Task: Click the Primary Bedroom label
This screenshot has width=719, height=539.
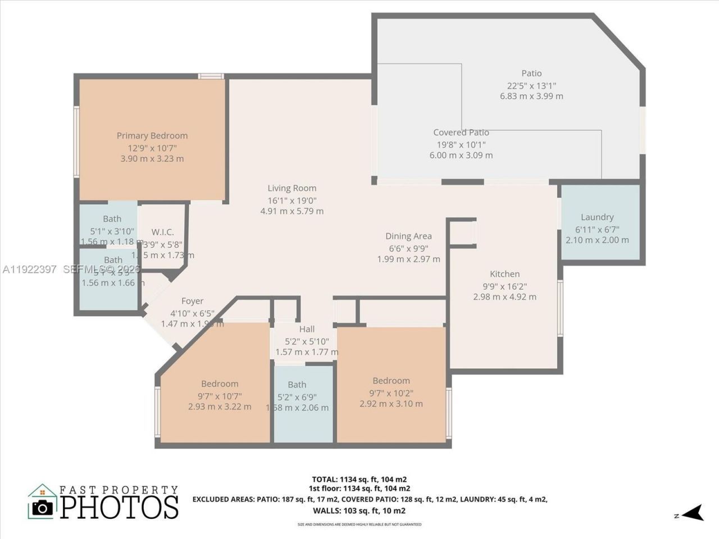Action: point(152,135)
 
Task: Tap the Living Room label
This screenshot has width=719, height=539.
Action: point(292,188)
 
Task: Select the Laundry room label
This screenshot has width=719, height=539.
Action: point(597,217)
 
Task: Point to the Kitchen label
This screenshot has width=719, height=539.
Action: point(504,274)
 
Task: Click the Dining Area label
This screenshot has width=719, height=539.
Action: point(408,236)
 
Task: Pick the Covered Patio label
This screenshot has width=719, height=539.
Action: point(461,133)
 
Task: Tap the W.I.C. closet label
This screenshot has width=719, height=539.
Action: point(162,232)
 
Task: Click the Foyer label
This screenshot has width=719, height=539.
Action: point(192,301)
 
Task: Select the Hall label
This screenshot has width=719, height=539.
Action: point(307,329)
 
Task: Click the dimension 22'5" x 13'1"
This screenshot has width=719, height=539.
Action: point(531,85)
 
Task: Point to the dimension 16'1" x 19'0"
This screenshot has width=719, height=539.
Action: point(292,200)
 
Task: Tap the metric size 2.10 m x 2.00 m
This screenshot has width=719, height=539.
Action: point(597,240)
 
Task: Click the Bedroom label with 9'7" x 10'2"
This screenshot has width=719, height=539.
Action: point(391,381)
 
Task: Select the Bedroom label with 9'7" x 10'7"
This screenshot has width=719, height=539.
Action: point(220,383)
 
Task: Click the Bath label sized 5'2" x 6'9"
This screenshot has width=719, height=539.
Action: point(297,385)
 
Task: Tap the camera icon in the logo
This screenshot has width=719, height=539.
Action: point(42,507)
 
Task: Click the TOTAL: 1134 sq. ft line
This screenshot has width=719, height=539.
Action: point(359,479)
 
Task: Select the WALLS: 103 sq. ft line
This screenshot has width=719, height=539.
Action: point(359,510)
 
